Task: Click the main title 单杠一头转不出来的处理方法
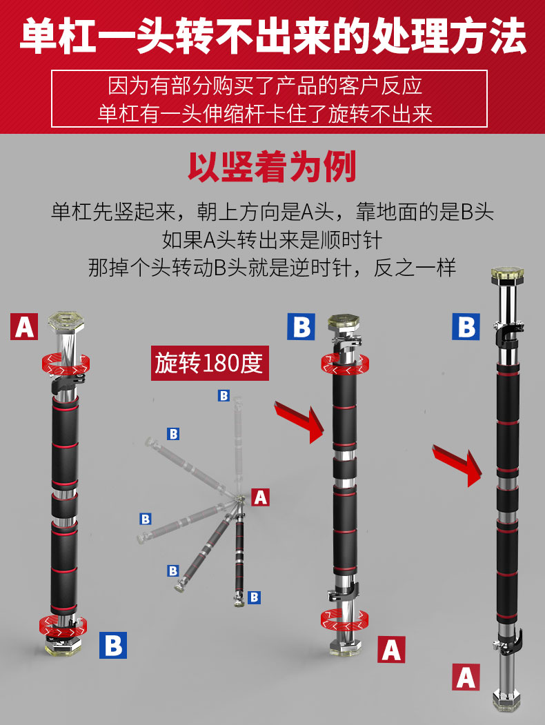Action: coord(272,37)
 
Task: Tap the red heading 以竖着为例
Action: coord(272,167)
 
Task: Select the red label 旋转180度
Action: coord(210,363)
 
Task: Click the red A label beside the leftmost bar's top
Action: coord(24,326)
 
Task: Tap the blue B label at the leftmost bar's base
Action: coord(112,645)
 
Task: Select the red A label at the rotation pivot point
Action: coord(260,497)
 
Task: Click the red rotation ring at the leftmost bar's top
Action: coord(66,364)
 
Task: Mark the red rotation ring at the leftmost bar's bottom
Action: coord(63,627)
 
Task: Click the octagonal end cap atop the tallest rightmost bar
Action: coord(507,274)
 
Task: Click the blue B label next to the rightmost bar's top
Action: coord(466,326)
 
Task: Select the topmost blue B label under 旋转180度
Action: coord(224,396)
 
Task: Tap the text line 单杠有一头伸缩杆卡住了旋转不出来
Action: coord(265,114)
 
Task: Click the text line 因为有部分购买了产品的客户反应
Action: coord(266,86)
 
